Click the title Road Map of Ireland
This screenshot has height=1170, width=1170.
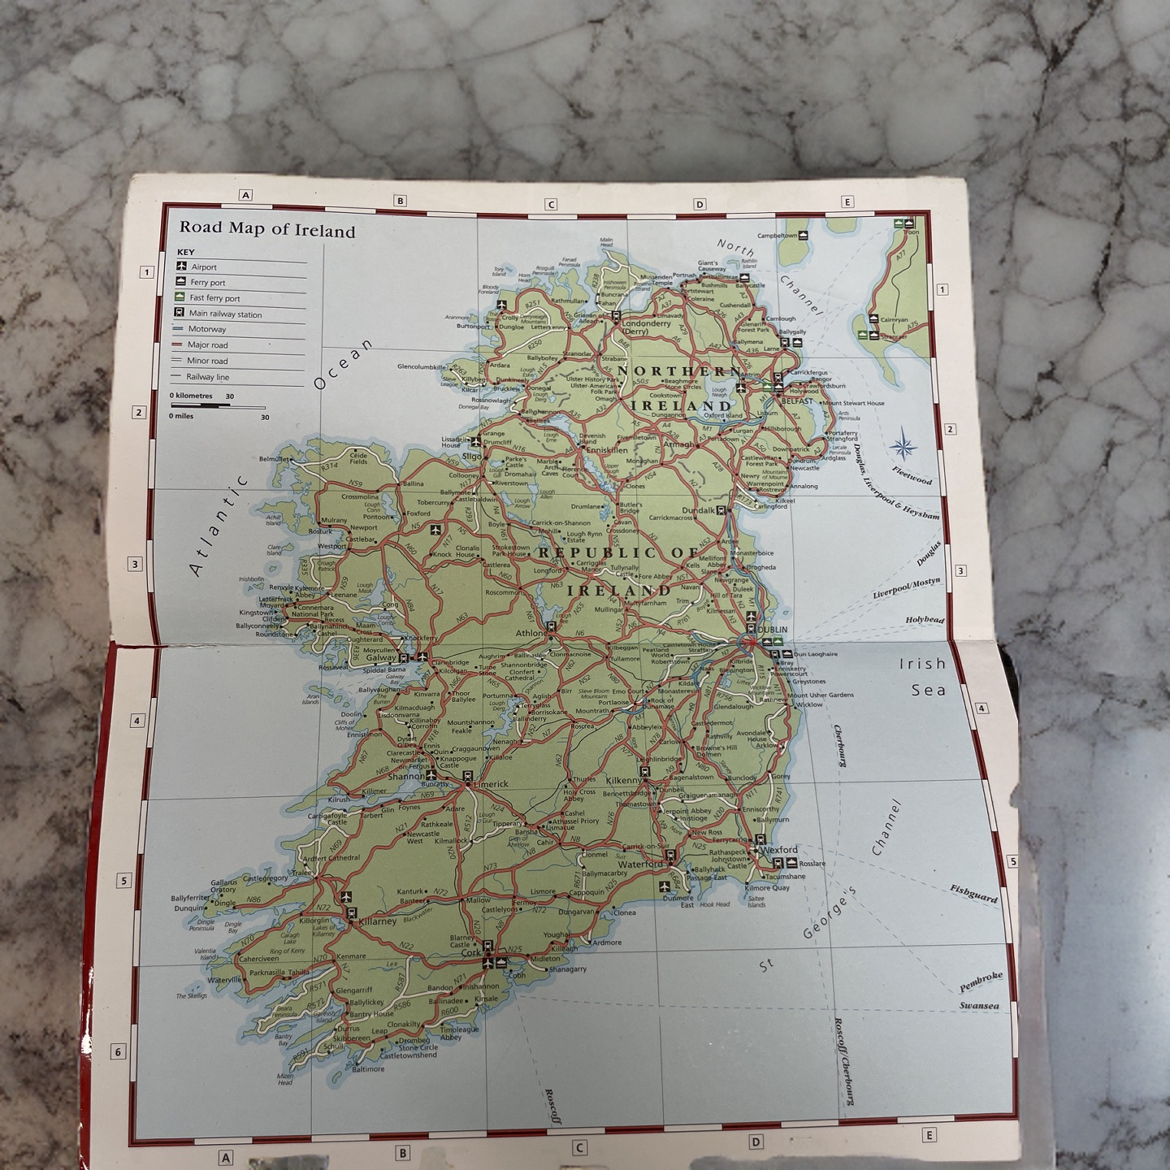click(267, 230)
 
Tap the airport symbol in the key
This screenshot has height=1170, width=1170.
click(182, 266)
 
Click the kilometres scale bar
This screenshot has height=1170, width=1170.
click(217, 405)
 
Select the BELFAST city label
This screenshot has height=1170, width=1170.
click(796, 401)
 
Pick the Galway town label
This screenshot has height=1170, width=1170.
click(380, 658)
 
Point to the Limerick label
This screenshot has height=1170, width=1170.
click(490, 784)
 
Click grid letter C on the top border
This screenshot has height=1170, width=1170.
click(551, 205)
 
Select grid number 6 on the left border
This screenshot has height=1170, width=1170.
click(118, 1052)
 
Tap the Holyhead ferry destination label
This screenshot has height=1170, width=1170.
click(925, 620)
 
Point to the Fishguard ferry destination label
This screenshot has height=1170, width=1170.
click(973, 894)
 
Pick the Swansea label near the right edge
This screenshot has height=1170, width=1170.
click(978, 1006)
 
